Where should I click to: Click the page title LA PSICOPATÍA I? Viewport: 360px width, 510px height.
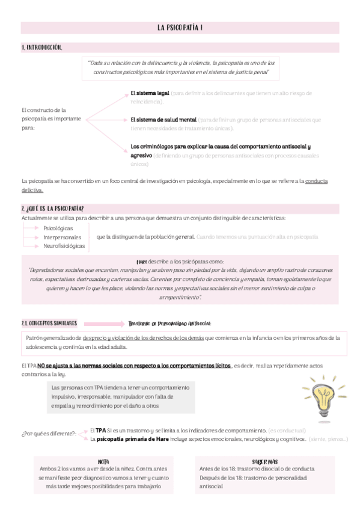(x=180, y=28)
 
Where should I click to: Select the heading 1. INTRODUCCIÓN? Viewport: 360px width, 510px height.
(x=41, y=47)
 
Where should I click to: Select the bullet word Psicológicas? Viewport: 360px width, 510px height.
(x=58, y=229)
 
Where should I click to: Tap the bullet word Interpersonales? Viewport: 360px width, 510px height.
(x=63, y=237)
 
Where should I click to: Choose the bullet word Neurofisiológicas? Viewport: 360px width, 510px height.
(x=64, y=245)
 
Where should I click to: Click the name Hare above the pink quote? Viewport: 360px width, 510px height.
(x=142, y=262)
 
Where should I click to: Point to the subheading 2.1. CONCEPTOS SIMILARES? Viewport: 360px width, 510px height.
(x=49, y=324)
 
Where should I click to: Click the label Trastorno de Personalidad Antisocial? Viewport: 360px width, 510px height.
(x=170, y=324)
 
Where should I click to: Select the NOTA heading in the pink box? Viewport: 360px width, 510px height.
(x=103, y=461)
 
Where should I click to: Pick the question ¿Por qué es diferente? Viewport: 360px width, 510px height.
(x=49, y=434)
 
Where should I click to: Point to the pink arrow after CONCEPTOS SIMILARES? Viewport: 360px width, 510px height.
(x=103, y=324)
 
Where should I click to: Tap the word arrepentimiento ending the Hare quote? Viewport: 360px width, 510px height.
(x=180, y=298)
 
